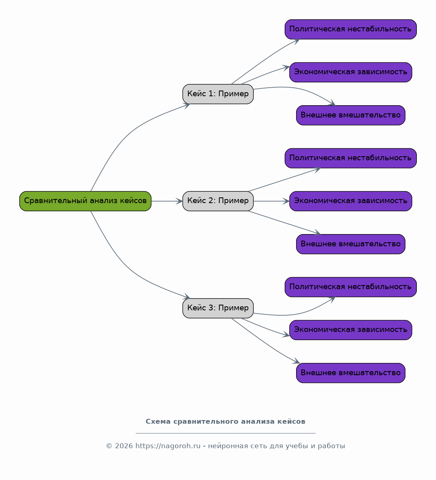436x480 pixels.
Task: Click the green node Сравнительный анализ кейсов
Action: click(85, 201)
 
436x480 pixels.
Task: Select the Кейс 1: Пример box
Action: click(218, 94)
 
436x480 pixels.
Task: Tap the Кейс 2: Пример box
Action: click(218, 201)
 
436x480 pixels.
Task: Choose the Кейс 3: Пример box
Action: click(218, 308)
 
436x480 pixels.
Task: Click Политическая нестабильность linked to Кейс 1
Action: click(351, 29)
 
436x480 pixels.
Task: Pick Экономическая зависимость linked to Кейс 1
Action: click(351, 72)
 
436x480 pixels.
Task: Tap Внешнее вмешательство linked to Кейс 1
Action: click(351, 115)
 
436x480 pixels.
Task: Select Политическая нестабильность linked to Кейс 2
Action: click(351, 158)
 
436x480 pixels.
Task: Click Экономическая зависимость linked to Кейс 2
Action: click(351, 201)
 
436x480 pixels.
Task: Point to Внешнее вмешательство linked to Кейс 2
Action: click(351, 244)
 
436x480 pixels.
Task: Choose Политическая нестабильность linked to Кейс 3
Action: click(351, 287)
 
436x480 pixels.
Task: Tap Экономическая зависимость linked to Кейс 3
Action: click(351, 330)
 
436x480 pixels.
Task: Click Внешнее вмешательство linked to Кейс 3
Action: click(351, 373)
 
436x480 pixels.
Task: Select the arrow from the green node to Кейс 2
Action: click(167, 201)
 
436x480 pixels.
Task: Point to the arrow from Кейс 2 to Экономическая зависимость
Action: click(272, 201)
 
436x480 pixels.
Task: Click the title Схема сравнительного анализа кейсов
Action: click(226, 422)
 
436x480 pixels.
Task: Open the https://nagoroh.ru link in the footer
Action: click(168, 446)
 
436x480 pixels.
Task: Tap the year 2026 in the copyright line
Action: click(124, 446)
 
